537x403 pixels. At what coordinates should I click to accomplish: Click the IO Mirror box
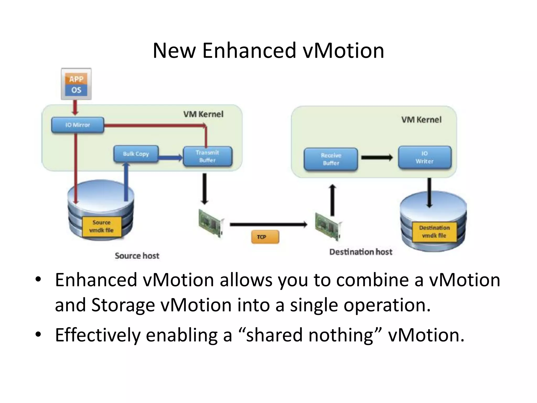[x=78, y=125]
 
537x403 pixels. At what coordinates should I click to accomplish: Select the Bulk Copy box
[x=136, y=154]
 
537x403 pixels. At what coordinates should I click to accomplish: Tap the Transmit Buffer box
[x=207, y=156]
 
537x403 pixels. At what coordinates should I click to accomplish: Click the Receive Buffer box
[x=331, y=159]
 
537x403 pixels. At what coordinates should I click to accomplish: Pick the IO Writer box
[x=425, y=157]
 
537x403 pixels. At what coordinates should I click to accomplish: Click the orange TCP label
[x=265, y=237]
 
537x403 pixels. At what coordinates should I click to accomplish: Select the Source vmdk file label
[x=101, y=226]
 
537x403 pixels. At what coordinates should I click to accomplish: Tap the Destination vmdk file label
[x=434, y=232]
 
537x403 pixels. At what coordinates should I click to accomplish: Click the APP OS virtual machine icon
[x=76, y=84]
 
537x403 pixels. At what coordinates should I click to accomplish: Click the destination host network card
[x=328, y=226]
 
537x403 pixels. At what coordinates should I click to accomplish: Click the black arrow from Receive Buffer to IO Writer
[x=377, y=158]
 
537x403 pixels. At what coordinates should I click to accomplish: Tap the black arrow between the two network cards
[x=268, y=224]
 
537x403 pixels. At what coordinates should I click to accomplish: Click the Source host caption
[x=137, y=256]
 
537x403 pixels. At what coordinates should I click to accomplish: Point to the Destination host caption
[x=361, y=252]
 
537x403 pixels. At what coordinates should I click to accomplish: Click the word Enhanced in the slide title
[x=249, y=50]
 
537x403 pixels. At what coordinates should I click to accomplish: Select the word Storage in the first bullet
[x=123, y=305]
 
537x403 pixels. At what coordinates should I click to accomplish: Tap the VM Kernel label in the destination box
[x=421, y=120]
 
